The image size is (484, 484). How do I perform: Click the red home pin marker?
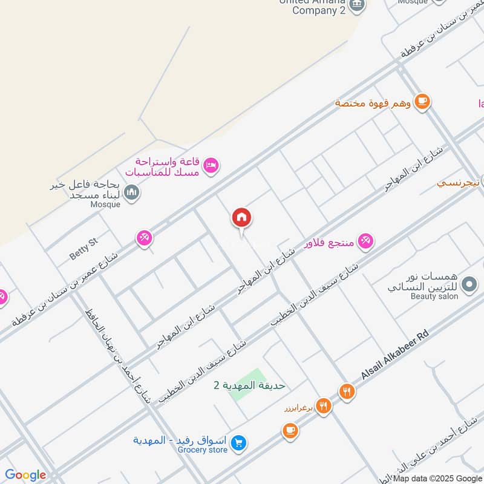(x=241, y=218)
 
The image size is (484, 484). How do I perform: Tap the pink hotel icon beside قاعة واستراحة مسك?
(x=211, y=165)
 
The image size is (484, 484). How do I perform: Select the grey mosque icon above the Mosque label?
(x=131, y=193)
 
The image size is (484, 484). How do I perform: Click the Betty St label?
(x=83, y=249)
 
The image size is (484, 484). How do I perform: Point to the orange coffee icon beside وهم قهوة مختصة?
(x=422, y=102)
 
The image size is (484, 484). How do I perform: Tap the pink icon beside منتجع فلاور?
(x=365, y=241)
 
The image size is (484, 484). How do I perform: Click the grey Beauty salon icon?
(x=468, y=283)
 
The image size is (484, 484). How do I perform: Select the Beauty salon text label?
(x=434, y=296)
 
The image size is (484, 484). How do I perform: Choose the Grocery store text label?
(x=203, y=450)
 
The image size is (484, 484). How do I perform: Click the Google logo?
(x=25, y=475)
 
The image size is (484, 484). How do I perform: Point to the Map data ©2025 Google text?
(x=436, y=478)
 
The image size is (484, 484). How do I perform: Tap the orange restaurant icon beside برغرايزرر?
(x=324, y=407)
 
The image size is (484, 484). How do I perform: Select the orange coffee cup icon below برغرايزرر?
(x=290, y=431)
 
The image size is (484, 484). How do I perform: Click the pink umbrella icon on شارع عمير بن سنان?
(x=143, y=238)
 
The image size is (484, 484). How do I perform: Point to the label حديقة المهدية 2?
(x=249, y=385)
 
